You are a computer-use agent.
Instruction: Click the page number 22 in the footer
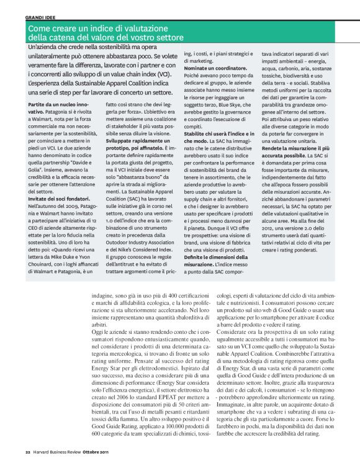27,451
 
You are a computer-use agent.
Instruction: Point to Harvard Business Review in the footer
55,451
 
